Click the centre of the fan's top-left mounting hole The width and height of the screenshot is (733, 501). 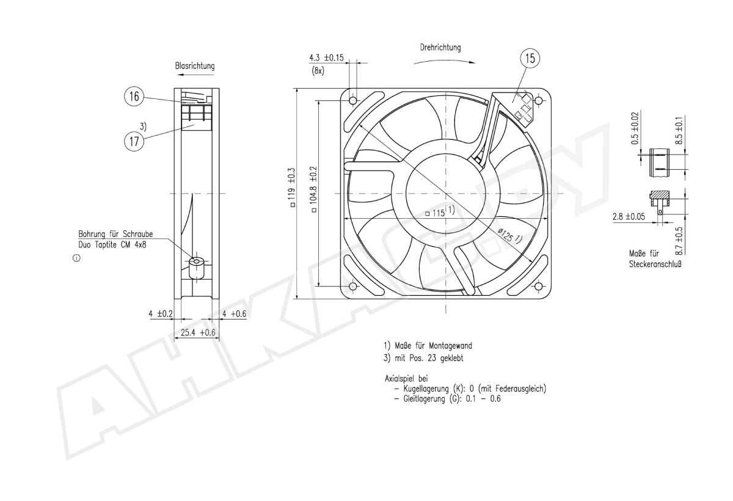point(353,100)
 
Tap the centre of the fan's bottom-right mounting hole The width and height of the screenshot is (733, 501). point(538,287)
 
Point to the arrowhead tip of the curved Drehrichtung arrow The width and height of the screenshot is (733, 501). point(475,62)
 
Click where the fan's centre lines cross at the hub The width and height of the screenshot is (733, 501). point(445,194)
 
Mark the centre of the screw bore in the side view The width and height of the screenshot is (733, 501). point(196,261)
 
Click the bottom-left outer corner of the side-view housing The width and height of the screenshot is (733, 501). point(174,299)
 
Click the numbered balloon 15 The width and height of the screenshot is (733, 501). point(530,59)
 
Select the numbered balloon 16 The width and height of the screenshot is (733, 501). point(134,97)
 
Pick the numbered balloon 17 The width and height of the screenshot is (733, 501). point(134,141)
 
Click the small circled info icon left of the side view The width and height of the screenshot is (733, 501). point(76,258)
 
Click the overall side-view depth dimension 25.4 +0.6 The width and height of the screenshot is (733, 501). point(198,333)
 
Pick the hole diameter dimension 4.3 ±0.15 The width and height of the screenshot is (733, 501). point(327,58)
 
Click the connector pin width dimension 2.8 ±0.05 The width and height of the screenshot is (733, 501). point(629,217)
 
